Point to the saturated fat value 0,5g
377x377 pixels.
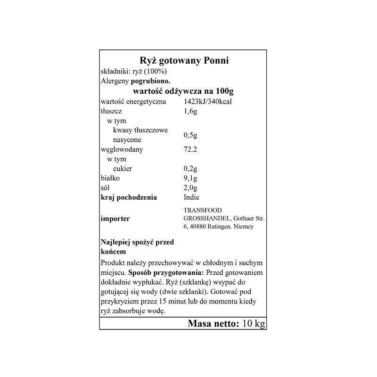tap(190, 135)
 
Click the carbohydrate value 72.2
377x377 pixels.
tap(190, 150)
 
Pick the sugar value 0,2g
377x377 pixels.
tap(190, 169)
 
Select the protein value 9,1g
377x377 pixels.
tap(190, 179)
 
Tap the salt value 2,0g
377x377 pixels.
tap(190, 188)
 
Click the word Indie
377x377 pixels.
tap(191, 197)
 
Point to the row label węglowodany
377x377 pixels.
tap(122, 150)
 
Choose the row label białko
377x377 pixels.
tap(111, 179)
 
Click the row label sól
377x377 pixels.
tap(106, 188)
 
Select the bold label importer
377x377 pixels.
tap(115, 218)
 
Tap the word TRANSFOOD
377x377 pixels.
tap(202, 210)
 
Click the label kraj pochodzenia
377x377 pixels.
tap(129, 197)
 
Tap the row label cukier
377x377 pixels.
tap(123, 169)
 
